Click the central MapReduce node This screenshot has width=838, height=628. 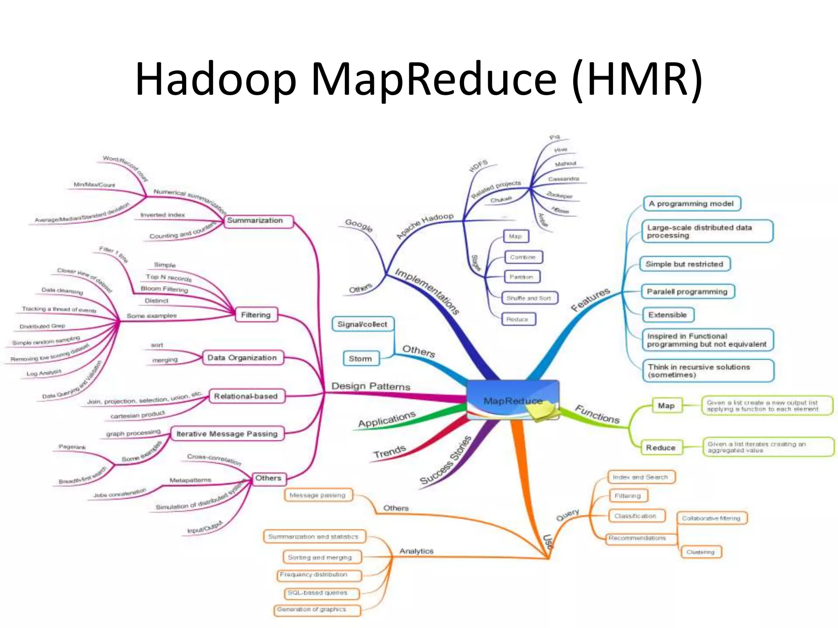tap(513, 400)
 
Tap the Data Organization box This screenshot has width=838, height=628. tap(243, 358)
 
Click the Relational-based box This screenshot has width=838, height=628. tap(246, 396)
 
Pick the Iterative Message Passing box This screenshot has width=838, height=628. tap(227, 434)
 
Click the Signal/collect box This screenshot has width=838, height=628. tap(363, 324)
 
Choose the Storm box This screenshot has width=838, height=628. tap(360, 359)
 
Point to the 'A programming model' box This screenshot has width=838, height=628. tap(692, 204)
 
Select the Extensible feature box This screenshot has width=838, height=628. tap(668, 315)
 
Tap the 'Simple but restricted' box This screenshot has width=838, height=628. tap(685, 264)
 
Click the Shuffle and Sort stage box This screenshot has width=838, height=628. tap(529, 298)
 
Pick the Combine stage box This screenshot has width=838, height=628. tap(523, 257)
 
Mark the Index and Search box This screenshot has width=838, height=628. tap(641, 477)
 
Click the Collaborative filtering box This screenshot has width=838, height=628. tap(712, 518)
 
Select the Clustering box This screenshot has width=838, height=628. tap(701, 552)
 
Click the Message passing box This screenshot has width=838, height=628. tap(318, 495)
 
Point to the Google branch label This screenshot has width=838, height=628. tap(359, 225)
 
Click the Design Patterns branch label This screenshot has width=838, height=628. tap(371, 386)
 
